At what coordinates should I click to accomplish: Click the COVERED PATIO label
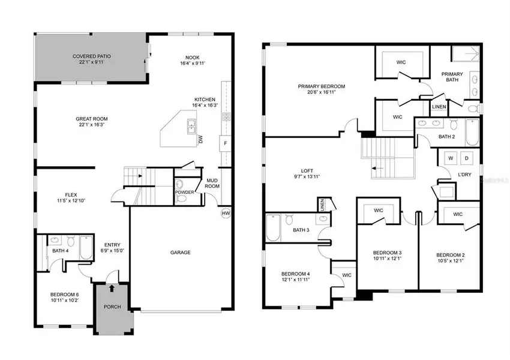[92, 56]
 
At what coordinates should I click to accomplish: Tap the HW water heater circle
[226, 213]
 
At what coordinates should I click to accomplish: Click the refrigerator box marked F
[225, 144]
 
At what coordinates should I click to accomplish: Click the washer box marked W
[449, 158]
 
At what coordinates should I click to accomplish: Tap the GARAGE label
[180, 253]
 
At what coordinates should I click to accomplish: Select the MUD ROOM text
[212, 183]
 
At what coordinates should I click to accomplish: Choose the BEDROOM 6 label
[65, 294]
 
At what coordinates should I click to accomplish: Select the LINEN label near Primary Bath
[439, 108]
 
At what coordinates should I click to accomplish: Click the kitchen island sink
[191, 126]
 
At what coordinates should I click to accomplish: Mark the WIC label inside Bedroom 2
[458, 214]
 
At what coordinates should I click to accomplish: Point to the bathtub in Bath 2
[472, 133]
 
